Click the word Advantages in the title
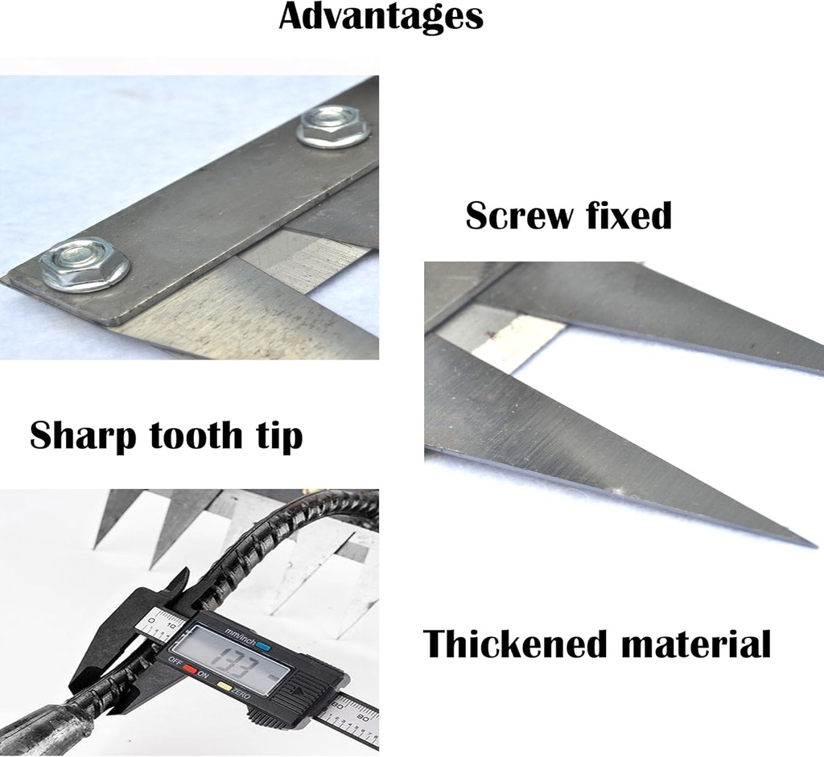click(x=381, y=17)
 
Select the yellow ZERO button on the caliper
click(x=225, y=685)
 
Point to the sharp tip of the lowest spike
click(x=818, y=547)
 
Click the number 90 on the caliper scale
click(x=363, y=717)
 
